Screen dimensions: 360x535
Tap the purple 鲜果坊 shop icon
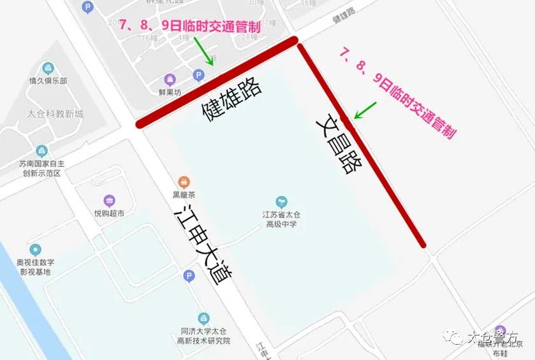point(170,80)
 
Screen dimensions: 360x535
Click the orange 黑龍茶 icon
point(184,182)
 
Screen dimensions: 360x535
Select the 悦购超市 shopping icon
point(109,201)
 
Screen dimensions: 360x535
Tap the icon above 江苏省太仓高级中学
point(281,202)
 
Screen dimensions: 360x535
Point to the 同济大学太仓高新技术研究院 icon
point(204,318)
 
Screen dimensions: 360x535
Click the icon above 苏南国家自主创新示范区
point(42,151)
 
